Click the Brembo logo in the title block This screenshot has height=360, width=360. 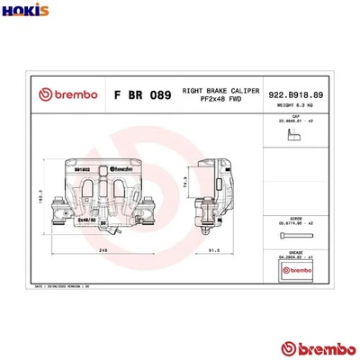pyautogui.click(x=58, y=94)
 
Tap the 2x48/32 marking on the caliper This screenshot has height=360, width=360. pyautogui.click(x=86, y=218)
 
